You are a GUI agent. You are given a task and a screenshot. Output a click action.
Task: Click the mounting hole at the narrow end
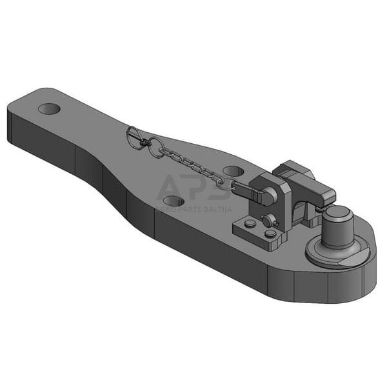click(49, 108)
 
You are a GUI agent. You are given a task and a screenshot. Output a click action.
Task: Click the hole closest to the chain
click(233, 172)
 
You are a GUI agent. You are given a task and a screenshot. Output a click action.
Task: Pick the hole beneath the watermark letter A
click(174, 201)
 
